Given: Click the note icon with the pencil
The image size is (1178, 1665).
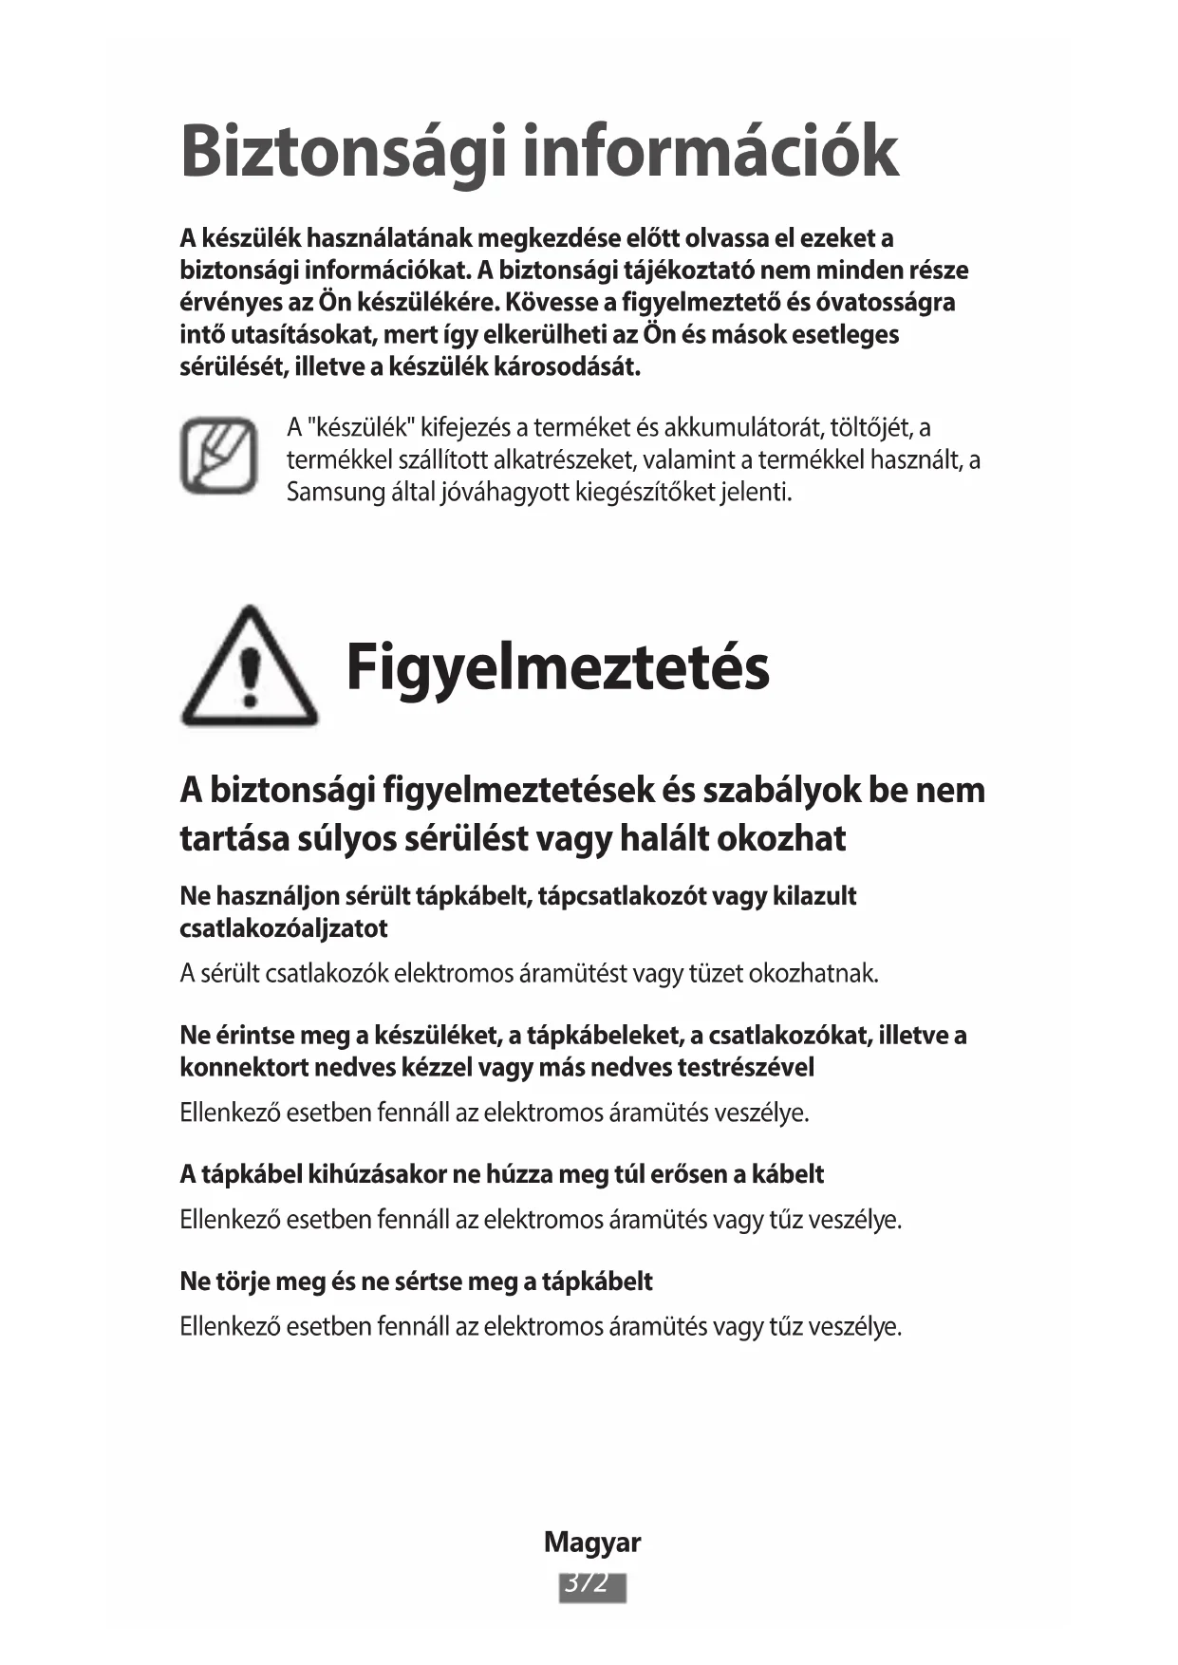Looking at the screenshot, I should click(x=219, y=456).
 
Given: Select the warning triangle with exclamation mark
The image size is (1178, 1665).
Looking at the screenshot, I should click(x=249, y=667).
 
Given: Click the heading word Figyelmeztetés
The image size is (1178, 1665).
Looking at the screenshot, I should click(x=557, y=666).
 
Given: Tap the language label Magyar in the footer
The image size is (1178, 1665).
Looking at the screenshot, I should click(x=591, y=1543).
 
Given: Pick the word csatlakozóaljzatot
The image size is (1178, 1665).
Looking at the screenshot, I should click(x=284, y=928).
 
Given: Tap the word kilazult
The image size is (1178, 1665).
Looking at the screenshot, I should click(x=813, y=896).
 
